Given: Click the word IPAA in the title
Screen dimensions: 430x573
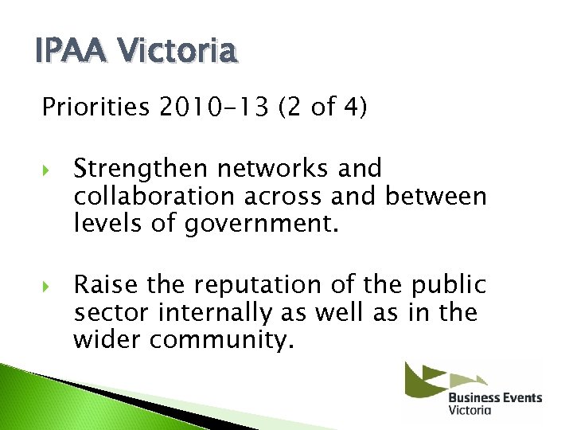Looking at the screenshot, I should pyautogui.click(x=67, y=53).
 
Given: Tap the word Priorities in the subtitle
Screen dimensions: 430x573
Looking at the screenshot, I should pyautogui.click(x=95, y=107).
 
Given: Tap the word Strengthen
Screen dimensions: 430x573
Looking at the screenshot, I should pyautogui.click(x=142, y=170).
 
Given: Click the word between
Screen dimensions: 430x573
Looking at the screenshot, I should pyautogui.click(x=435, y=196).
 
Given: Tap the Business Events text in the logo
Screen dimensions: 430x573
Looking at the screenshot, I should pyautogui.click(x=494, y=398).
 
